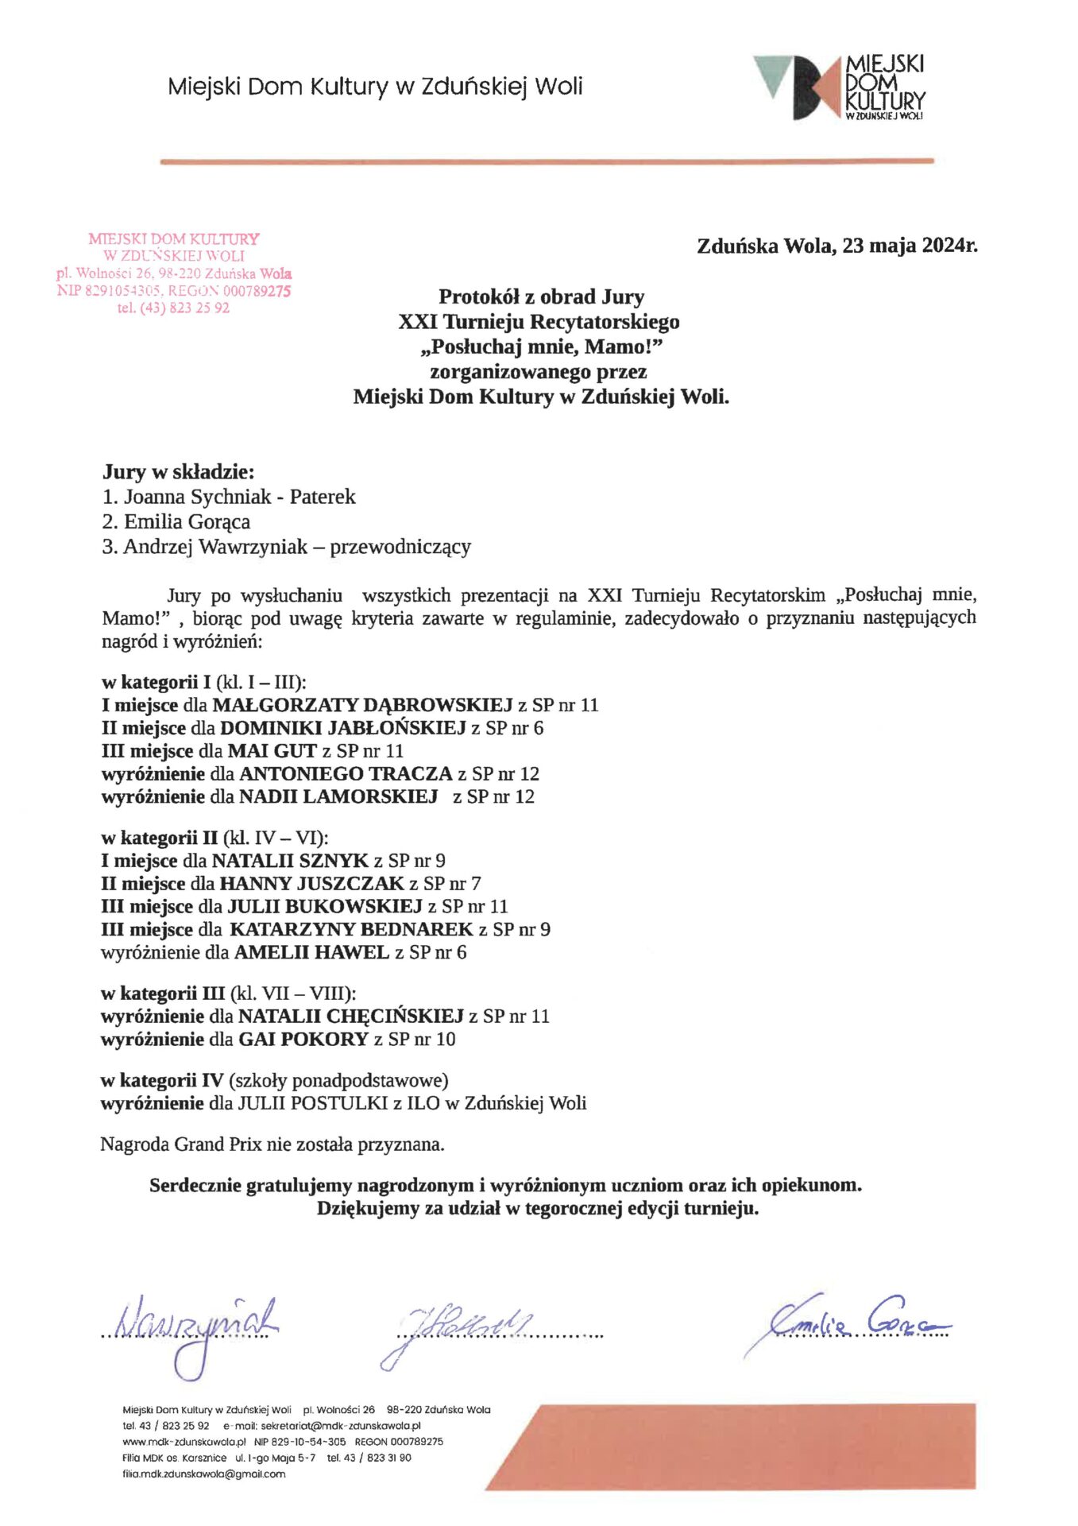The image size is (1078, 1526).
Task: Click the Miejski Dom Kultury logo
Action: [x=840, y=87]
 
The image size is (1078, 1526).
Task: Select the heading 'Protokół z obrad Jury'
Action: [x=541, y=296]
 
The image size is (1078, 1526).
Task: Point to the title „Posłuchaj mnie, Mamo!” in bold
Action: [x=541, y=347]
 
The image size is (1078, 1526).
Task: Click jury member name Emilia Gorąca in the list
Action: [x=187, y=521]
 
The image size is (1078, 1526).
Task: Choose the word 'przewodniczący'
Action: [x=400, y=547]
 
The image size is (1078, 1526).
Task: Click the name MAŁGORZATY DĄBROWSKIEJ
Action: [x=362, y=705]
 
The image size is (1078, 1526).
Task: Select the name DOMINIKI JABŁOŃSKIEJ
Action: [x=342, y=728]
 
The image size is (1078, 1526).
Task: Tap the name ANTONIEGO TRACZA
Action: [x=346, y=774]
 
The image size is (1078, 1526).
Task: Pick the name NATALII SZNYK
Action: [x=290, y=861]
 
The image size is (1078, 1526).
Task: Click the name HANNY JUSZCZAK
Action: [x=311, y=884]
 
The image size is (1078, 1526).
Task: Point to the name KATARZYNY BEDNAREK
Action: [x=351, y=930]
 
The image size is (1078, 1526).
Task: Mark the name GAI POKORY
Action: [x=303, y=1040]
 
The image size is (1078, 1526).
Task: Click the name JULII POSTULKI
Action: [x=313, y=1103]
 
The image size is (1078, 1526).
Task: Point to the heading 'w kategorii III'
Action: [x=163, y=993]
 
